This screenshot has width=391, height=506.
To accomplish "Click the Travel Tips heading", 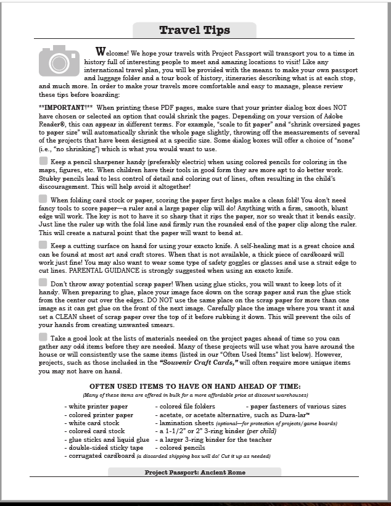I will (x=194, y=30).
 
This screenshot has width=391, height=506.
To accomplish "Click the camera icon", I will (x=59, y=61).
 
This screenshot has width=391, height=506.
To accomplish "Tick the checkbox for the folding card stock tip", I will (x=43, y=199).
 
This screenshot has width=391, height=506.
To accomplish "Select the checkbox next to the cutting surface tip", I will (x=43, y=244).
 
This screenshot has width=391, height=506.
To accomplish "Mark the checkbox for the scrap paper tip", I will (x=43, y=283).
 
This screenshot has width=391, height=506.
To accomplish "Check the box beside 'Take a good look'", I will (x=43, y=336).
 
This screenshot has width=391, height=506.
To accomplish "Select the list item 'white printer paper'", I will (x=99, y=407).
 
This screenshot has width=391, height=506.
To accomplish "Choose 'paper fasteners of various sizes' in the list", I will (x=296, y=407).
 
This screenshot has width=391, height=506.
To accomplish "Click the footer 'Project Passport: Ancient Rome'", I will (x=195, y=472).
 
